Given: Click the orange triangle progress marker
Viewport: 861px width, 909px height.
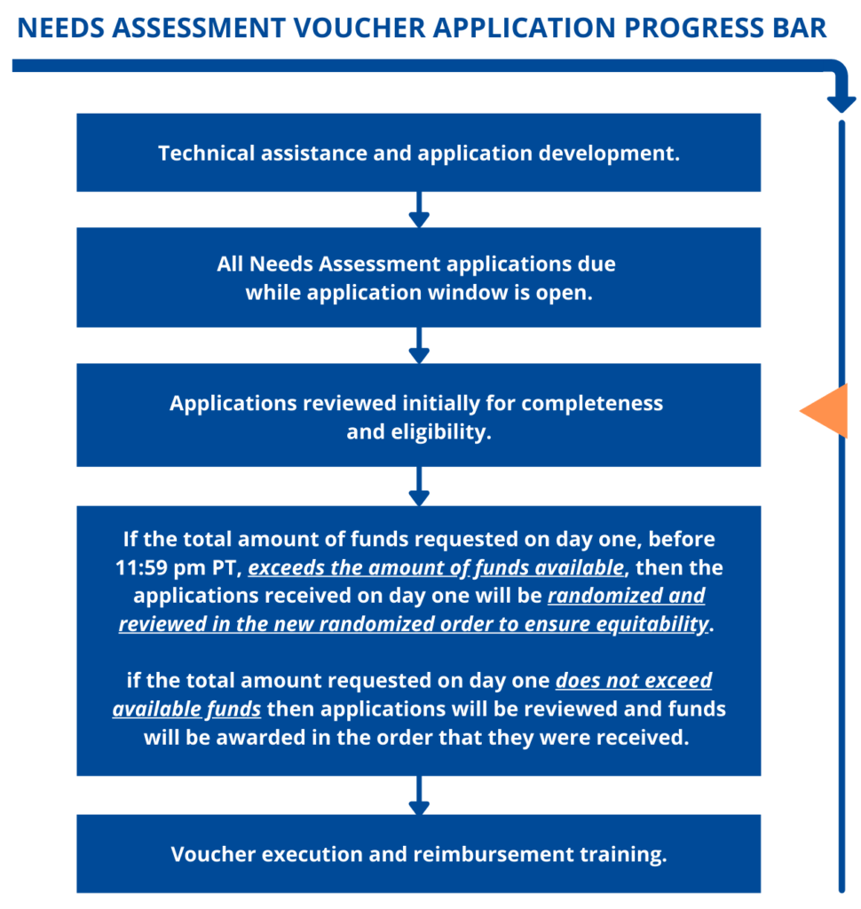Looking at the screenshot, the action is click(x=829, y=411).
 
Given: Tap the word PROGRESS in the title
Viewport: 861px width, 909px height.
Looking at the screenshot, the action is click(x=694, y=28).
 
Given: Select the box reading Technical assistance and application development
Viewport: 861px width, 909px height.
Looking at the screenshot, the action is click(x=419, y=153).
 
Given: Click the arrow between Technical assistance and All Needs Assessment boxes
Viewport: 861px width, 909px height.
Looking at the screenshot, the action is click(x=419, y=209).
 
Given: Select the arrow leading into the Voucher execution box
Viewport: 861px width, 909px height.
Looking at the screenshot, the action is click(x=419, y=795).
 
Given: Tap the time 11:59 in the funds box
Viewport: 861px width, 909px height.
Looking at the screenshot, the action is click(x=142, y=567).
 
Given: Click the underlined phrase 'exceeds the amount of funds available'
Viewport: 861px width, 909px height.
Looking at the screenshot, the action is click(x=437, y=568).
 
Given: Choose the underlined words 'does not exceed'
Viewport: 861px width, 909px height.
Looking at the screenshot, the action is click(x=634, y=680).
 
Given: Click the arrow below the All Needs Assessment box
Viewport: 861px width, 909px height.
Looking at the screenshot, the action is click(x=419, y=345).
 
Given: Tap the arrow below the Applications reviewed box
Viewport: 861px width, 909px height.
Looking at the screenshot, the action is click(x=419, y=486).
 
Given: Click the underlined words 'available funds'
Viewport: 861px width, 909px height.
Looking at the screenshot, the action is click(x=186, y=709).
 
